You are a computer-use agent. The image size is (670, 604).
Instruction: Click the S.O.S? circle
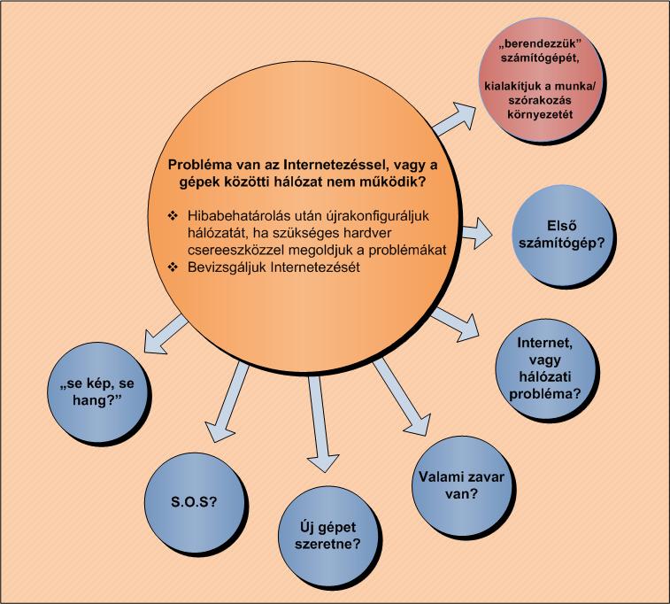tap(194, 502)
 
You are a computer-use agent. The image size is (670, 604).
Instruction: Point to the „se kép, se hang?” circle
tap(97, 391)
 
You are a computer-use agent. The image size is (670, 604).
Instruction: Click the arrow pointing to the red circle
tap(454, 120)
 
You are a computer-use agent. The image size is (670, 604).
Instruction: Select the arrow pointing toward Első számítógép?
tap(476, 233)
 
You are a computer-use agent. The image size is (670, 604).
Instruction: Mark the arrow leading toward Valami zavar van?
tap(402, 398)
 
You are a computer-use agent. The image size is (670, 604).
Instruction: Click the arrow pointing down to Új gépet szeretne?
tap(320, 424)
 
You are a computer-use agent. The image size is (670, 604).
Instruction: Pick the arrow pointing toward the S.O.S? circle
tap(227, 402)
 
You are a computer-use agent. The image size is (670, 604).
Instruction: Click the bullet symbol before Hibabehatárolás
tap(173, 215)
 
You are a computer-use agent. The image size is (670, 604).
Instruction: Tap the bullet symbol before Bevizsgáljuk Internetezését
tap(173, 267)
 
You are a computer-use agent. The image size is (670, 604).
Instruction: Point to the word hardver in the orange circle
tap(367, 233)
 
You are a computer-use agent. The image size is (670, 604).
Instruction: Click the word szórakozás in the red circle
tap(540, 100)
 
